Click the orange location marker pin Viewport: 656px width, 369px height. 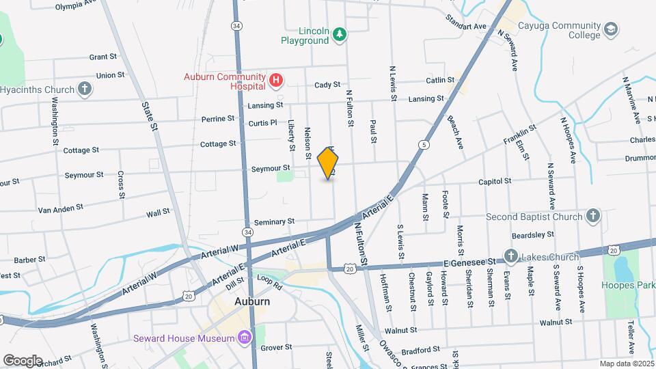tap(328, 163)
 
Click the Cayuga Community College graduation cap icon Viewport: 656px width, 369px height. tap(610, 29)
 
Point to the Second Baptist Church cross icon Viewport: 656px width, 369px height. tap(593, 217)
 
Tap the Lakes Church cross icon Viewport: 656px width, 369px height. tap(510, 256)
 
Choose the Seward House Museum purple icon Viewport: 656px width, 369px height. tap(243, 338)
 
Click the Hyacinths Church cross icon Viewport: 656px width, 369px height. tap(84, 89)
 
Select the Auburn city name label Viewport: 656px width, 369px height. tap(232, 301)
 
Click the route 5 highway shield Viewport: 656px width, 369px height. tap(424, 145)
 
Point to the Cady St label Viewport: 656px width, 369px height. tap(327, 85)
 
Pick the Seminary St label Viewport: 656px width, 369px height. tap(273, 221)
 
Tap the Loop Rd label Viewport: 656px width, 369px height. tap(269, 279)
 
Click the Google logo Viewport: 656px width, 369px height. tap(22, 360)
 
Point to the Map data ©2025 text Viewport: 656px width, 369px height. tap(627, 364)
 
